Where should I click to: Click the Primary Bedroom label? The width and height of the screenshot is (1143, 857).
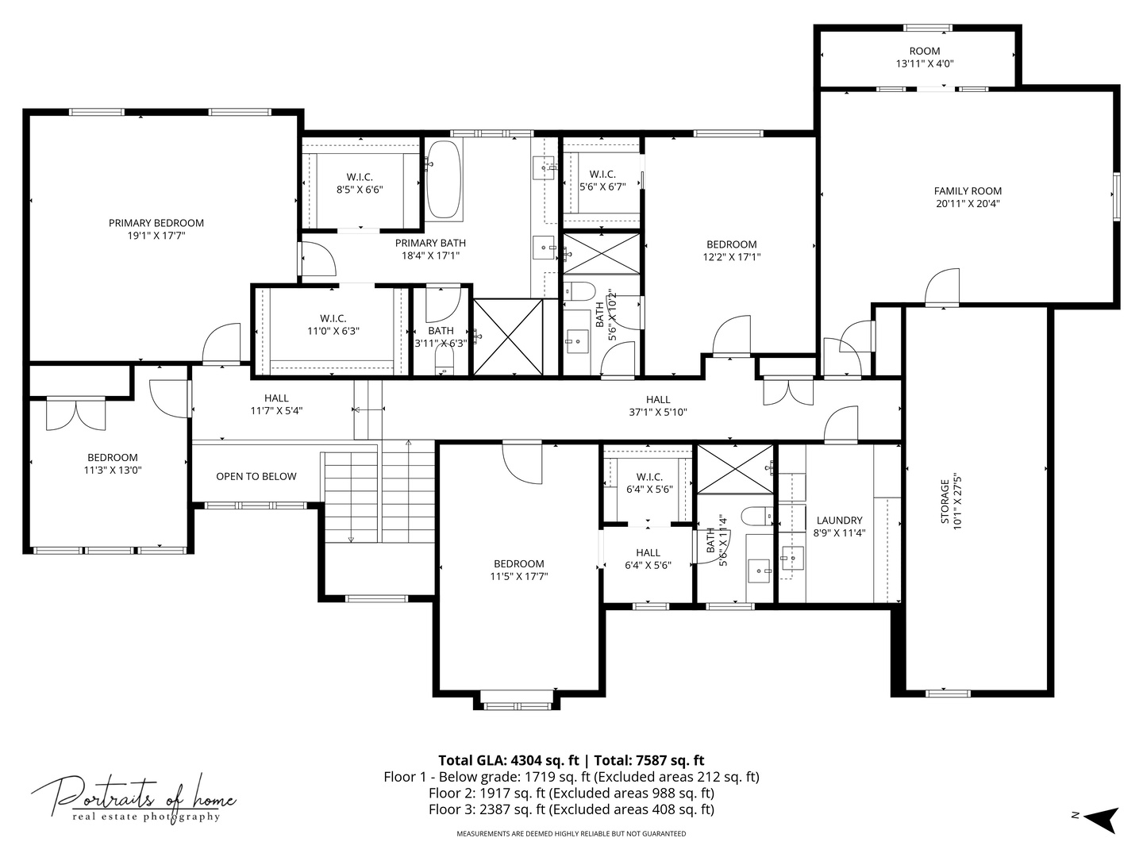pos(156,223)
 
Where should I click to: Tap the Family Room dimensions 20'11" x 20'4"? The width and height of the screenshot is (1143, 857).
pos(968,204)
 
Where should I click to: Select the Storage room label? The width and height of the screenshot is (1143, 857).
pos(945,502)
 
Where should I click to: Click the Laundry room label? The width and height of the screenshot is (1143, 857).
pos(839,521)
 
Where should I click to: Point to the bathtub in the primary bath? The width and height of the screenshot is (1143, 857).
pos(444,181)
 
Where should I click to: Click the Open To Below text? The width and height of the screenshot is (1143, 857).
pos(256,477)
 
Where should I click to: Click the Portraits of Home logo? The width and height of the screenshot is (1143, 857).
pos(133,798)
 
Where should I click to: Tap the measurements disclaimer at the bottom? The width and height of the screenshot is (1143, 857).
pos(571,834)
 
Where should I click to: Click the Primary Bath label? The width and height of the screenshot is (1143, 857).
pos(430,243)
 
